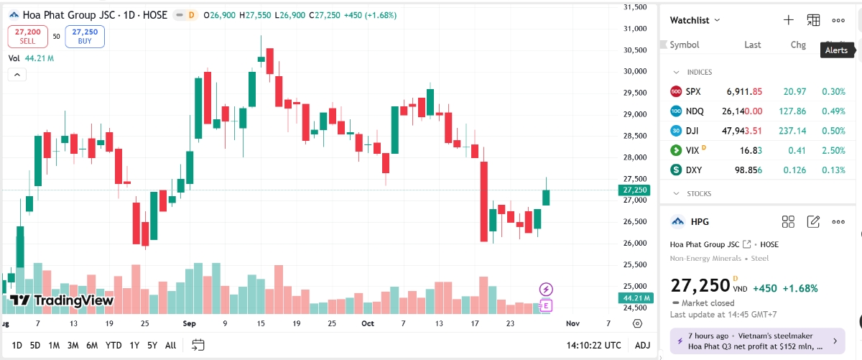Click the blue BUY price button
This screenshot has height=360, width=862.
[85, 36]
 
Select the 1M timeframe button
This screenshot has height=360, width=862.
[54, 345]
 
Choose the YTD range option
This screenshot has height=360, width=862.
[113, 345]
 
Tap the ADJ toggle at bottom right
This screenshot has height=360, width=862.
[642, 345]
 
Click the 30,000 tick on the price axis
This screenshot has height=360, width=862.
[634, 71]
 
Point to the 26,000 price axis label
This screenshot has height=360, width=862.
[634, 243]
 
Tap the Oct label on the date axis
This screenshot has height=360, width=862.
[368, 323]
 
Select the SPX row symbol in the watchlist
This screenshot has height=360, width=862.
[692, 92]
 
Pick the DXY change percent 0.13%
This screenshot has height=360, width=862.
[834, 170]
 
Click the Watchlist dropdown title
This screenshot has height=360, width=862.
[694, 20]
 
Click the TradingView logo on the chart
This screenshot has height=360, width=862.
[62, 300]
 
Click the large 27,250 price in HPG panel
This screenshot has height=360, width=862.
[700, 285]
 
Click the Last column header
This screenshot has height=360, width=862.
[752, 45]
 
